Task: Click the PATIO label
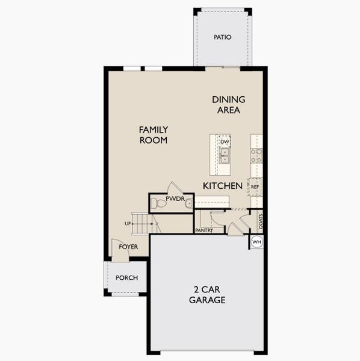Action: click(x=222, y=37)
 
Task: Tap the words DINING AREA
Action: click(x=229, y=105)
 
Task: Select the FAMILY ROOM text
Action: click(x=153, y=135)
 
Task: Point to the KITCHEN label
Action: click(x=222, y=186)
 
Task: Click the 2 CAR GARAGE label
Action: click(x=207, y=295)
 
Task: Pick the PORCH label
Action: click(x=127, y=278)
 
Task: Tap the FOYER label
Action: click(x=128, y=247)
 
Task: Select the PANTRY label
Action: click(x=205, y=230)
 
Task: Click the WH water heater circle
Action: click(x=257, y=242)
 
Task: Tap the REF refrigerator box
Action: click(x=255, y=187)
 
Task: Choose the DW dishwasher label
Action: click(x=225, y=142)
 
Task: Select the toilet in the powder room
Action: click(x=160, y=204)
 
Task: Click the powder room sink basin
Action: click(x=189, y=203)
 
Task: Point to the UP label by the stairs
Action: click(x=128, y=224)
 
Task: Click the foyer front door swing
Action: click(x=119, y=250)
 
